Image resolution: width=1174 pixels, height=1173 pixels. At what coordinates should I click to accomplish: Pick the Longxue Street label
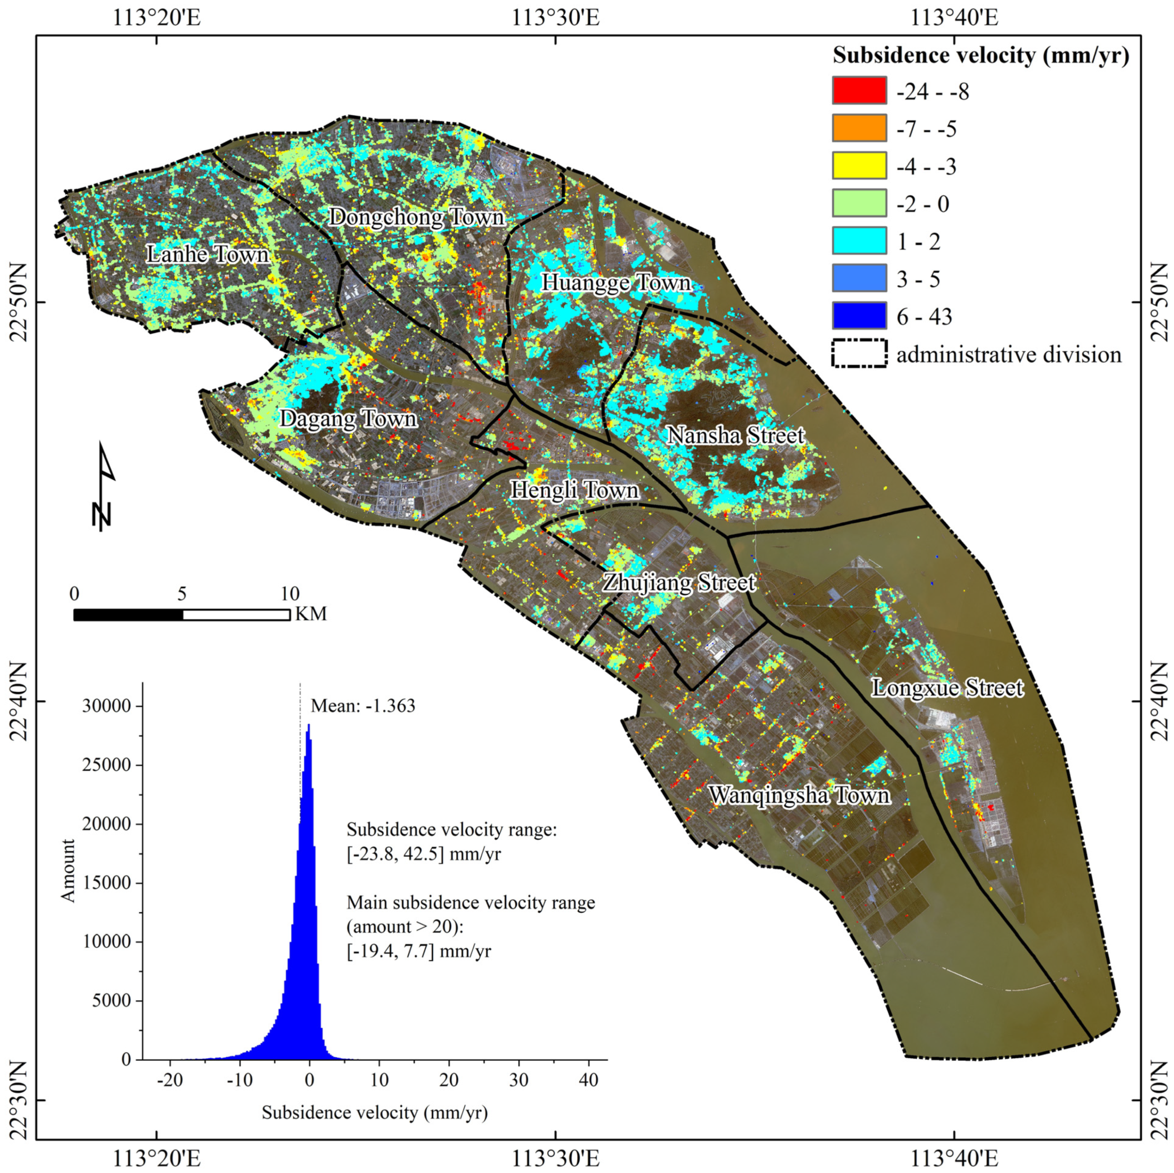point(948,688)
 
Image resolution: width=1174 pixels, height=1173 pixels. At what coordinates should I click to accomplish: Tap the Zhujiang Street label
point(679,582)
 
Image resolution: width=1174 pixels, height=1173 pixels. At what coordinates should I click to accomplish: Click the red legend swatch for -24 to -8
point(859,91)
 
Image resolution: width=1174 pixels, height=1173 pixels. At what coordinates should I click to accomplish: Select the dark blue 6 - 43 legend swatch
point(859,316)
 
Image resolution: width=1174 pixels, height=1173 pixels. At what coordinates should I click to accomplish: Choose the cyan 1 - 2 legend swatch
point(859,241)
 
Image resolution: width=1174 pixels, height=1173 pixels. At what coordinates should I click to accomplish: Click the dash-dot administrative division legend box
point(859,354)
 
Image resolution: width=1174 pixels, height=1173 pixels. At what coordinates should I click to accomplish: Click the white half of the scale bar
point(236,615)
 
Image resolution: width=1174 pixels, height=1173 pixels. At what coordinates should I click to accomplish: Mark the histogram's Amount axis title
point(68,871)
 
